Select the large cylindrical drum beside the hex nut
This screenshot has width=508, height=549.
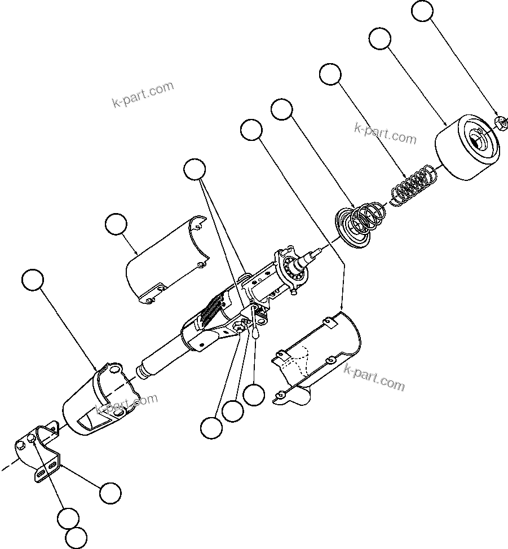467,148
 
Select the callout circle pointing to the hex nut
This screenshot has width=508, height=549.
423,11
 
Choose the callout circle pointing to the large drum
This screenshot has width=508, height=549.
379,39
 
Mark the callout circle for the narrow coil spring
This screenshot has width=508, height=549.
330,74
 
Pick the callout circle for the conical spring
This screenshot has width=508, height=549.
282,109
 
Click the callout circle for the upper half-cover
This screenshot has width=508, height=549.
116,224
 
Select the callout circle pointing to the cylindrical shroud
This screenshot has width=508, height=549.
32,280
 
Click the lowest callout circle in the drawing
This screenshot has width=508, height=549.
76,538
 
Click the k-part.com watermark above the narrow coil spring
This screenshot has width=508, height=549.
385,133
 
